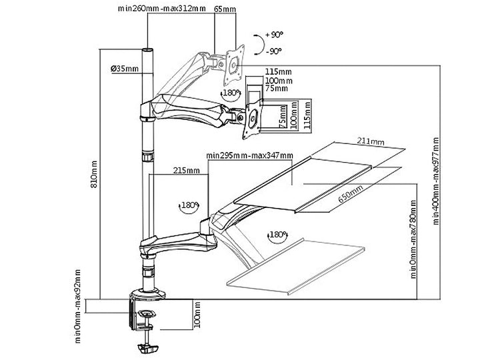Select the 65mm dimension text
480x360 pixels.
coord(224,9)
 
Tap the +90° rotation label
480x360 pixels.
coord(273,34)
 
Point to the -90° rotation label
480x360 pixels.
coord(273,50)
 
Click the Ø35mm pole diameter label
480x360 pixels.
coord(125,68)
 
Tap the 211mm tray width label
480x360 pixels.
coord(370,141)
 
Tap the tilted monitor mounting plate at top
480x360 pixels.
coord(234,61)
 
